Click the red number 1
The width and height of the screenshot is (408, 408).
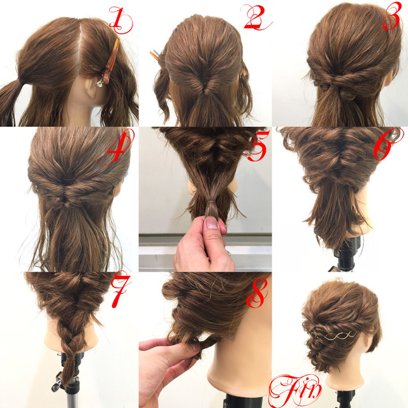point(120,20)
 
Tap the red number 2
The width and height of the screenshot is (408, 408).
point(256,17)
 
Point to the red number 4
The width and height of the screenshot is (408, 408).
point(117,147)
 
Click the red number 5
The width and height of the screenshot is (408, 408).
point(258,145)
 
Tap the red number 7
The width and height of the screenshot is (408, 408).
point(120,289)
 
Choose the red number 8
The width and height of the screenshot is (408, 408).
point(257,292)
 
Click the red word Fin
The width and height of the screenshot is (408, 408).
point(295,390)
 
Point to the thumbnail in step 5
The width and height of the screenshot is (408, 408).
point(212,222)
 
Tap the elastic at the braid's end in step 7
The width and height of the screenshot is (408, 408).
point(70,358)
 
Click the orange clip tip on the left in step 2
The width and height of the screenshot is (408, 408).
point(154,55)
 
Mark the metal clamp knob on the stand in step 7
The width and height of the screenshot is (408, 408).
point(58,383)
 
